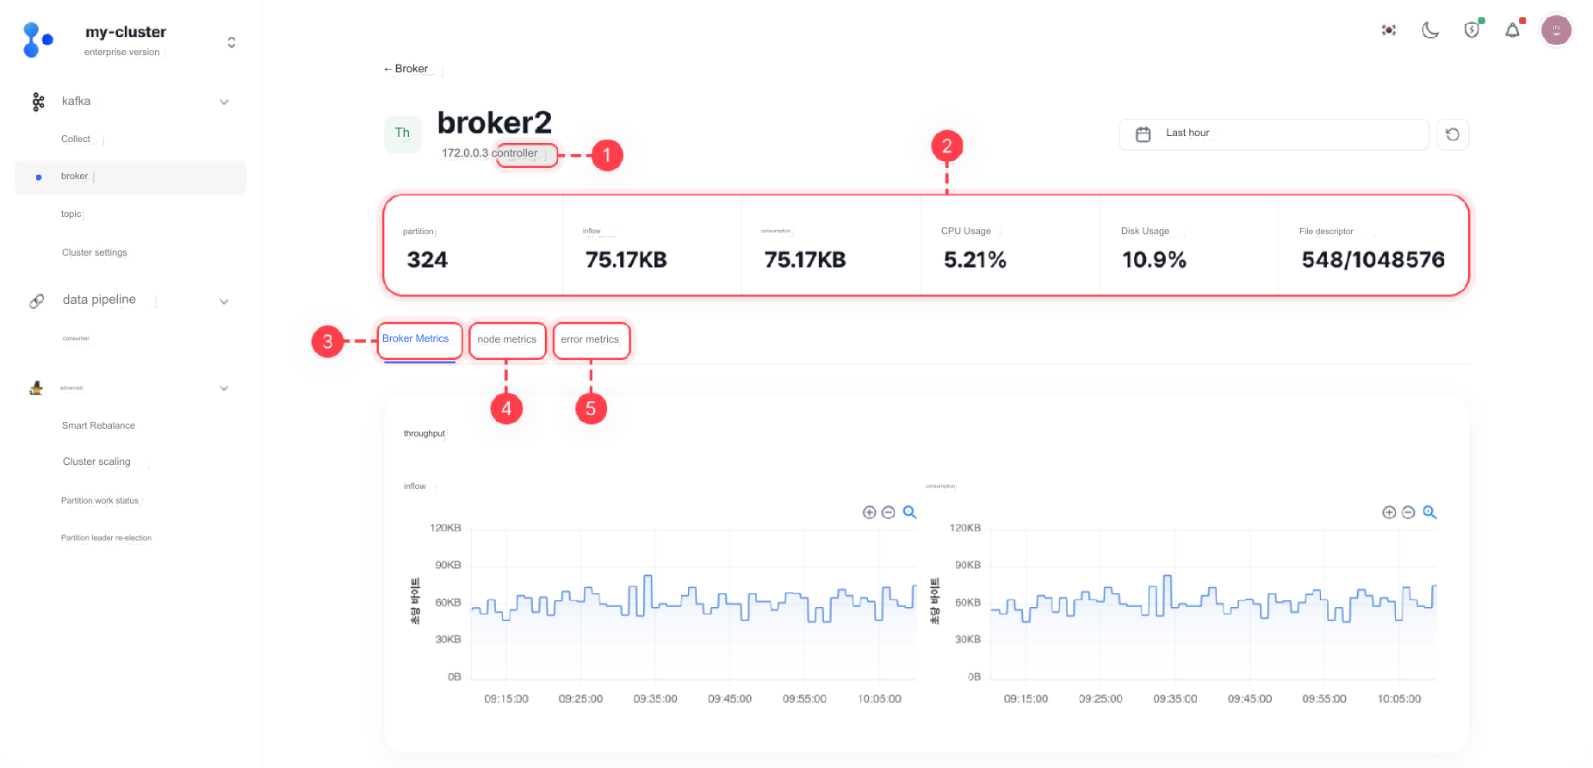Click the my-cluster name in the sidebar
126,32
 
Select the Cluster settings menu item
95,252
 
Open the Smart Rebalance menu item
98,425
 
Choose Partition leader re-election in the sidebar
106,537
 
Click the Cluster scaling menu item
96,461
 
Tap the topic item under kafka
71,214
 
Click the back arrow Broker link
406,69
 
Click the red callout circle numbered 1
606,155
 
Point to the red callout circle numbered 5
591,408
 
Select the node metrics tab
507,339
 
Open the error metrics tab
590,339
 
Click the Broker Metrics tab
416,338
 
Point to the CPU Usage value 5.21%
975,259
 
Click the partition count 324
427,259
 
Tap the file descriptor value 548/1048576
1373,259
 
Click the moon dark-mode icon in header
1430,30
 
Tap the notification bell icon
1512,30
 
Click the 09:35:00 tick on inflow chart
655,698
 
